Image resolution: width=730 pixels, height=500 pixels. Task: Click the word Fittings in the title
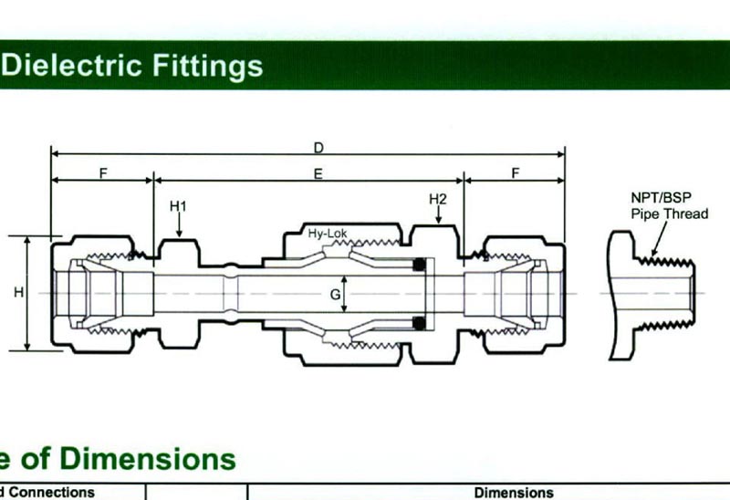[x=206, y=66]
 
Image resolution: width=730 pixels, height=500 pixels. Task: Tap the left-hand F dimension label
[x=102, y=173]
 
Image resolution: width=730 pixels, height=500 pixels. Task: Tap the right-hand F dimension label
[x=515, y=173]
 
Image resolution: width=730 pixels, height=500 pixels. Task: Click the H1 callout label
[x=178, y=207]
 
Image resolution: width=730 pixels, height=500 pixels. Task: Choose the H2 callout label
[x=438, y=199]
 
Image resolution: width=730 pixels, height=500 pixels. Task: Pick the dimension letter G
[x=335, y=294]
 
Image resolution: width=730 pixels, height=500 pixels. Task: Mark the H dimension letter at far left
[x=17, y=293]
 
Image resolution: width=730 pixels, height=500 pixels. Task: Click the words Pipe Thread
[x=669, y=214]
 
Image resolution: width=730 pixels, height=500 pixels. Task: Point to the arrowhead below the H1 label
[x=179, y=234]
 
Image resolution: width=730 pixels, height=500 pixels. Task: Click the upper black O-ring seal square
[x=421, y=266]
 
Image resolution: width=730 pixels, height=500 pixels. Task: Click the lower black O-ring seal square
[x=421, y=321]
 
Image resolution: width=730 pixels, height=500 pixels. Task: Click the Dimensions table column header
[x=514, y=493]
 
